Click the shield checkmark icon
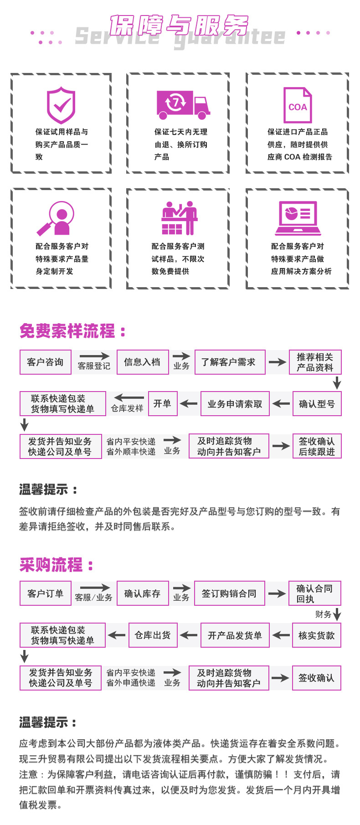coord(61,106)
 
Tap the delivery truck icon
coord(183,104)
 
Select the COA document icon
coord(298,105)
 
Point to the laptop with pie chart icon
coord(298,218)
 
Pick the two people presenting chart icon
coord(179,218)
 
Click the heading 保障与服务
coord(179,25)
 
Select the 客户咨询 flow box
coord(45,362)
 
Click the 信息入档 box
coord(143,362)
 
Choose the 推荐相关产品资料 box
coord(315,362)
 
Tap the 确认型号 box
coord(317,404)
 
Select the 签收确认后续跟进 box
coord(317,446)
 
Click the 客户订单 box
coord(45,593)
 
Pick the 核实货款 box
coord(317,635)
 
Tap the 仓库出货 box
coord(153,635)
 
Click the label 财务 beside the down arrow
coord(323,614)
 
